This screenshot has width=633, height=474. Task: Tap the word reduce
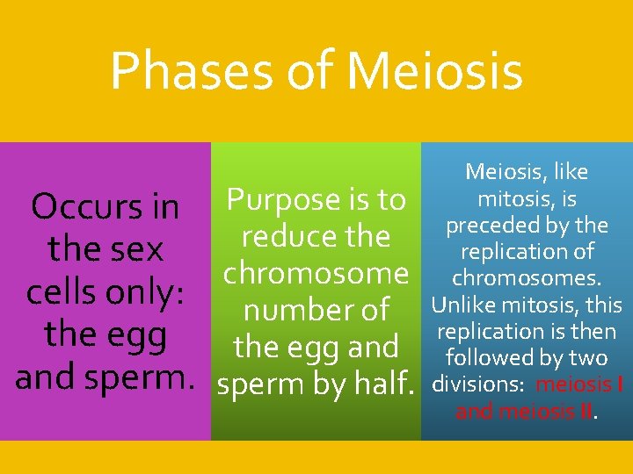pyautogui.click(x=280, y=236)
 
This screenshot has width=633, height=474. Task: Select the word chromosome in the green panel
pyautogui.click(x=316, y=273)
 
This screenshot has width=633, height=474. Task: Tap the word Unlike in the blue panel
pyautogui.click(x=464, y=305)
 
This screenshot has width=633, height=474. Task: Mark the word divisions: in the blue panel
pyautogui.click(x=474, y=384)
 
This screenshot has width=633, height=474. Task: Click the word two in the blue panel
pyautogui.click(x=587, y=358)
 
